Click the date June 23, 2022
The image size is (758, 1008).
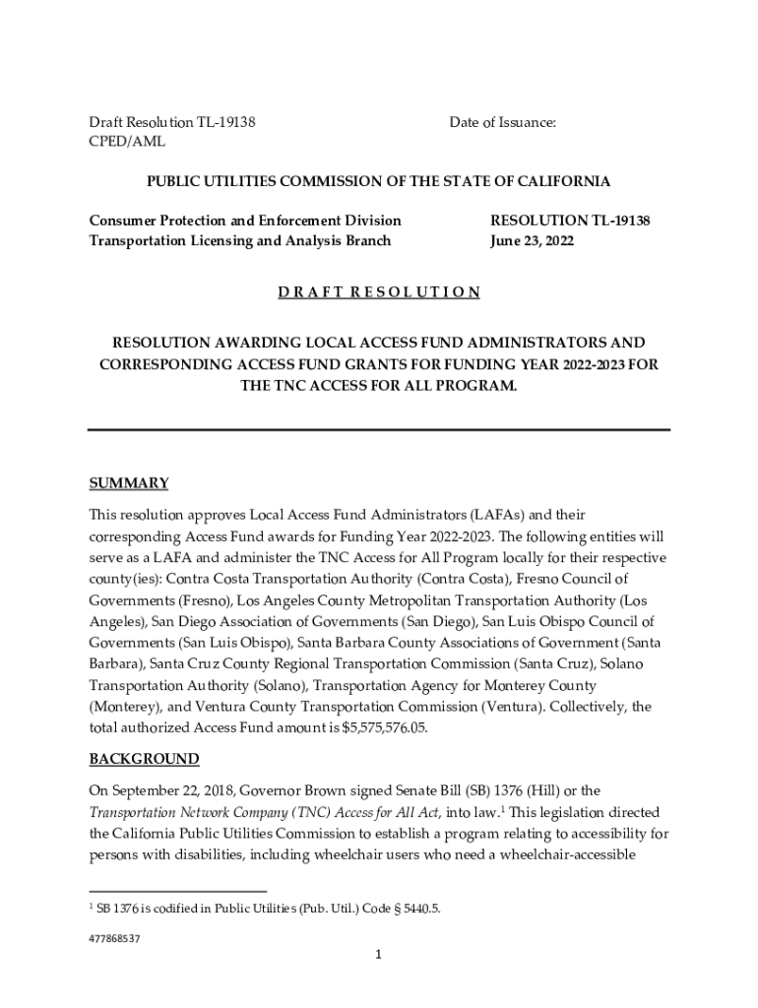coord(532,240)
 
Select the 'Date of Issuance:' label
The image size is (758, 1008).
coord(503,122)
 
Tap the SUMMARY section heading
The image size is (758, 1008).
coord(129,483)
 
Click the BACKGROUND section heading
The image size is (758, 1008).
coord(144,759)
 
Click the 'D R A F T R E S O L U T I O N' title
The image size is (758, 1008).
coord(378,292)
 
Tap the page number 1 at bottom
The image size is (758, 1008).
coord(379,955)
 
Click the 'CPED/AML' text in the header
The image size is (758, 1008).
coord(127,142)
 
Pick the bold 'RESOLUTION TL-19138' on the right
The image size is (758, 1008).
coord(570,220)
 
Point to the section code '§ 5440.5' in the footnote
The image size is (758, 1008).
coord(413,909)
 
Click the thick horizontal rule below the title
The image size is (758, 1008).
coord(379,429)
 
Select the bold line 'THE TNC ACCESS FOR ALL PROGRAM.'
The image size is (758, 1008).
coord(379,386)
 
